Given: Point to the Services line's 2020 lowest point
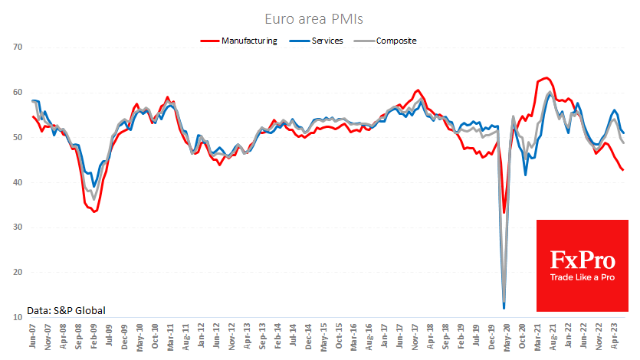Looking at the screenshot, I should pyautogui.click(x=504, y=309).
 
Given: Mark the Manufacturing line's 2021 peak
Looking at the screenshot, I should pyautogui.click(x=545, y=78).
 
